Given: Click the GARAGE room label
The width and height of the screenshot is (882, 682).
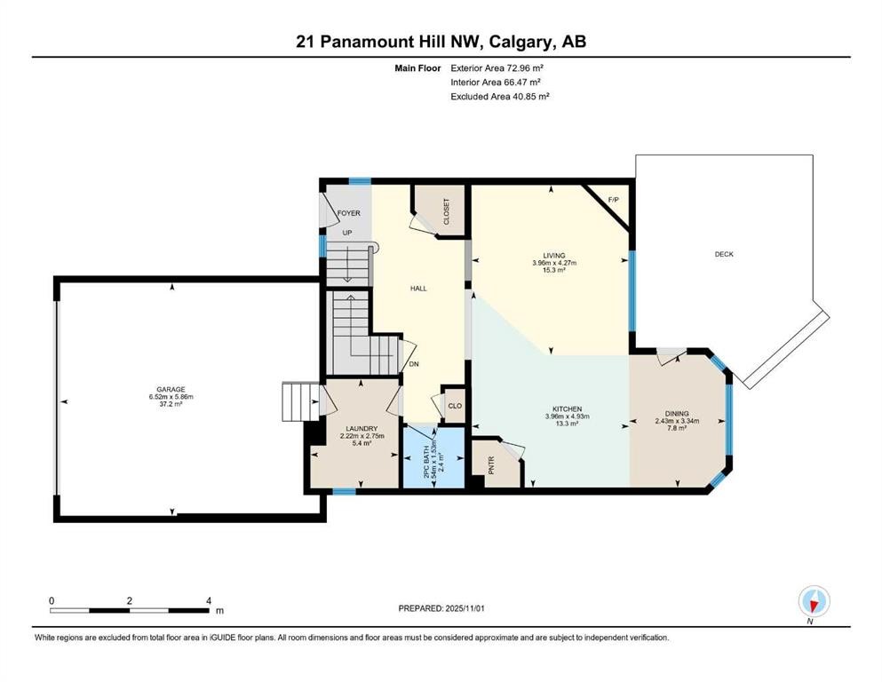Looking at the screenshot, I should [x=171, y=388].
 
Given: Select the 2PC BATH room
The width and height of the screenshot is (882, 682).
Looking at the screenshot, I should [x=433, y=456].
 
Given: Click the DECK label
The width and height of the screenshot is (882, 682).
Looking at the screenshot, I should [x=724, y=255].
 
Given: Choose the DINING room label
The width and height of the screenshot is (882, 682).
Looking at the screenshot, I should [x=676, y=413].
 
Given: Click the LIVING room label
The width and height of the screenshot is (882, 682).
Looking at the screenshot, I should [x=554, y=255].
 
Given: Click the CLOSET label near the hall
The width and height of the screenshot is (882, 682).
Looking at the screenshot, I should [x=447, y=212].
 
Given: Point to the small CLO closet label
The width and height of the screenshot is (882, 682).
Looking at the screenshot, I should [x=454, y=406].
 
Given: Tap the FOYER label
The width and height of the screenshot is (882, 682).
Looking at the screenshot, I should [x=347, y=213].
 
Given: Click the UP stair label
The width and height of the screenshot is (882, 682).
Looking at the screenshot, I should [x=348, y=234].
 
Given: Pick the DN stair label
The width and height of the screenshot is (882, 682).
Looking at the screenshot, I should [x=413, y=364].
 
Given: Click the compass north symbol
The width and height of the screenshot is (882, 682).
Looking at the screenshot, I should [x=814, y=602].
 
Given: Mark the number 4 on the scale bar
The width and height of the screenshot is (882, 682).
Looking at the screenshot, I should [x=208, y=600].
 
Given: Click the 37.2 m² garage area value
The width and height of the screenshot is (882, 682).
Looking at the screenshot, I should [x=171, y=404].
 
